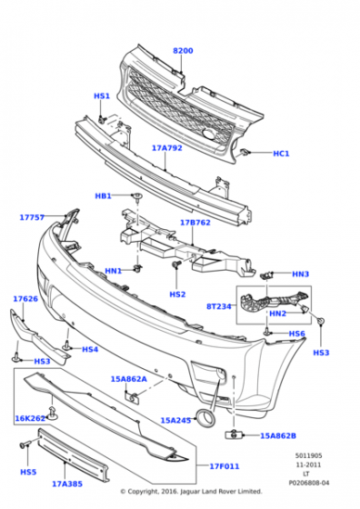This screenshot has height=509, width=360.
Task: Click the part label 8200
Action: (183, 51)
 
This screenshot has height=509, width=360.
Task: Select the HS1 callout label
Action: (102, 96)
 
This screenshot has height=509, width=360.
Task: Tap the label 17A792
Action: (167, 148)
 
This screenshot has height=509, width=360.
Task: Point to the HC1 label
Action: (281, 154)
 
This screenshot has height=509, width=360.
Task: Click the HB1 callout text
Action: (104, 195)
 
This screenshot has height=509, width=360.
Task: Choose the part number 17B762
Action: (195, 223)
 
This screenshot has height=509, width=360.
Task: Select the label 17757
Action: (32, 217)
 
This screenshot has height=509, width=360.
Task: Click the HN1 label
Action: (114, 271)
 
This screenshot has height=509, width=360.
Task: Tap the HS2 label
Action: (177, 294)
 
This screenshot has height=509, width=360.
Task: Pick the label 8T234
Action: (219, 306)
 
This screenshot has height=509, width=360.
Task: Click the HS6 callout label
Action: (297, 334)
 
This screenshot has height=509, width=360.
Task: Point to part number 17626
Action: (25, 299)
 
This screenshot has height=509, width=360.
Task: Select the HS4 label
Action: (90, 349)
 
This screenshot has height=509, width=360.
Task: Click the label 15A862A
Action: (129, 379)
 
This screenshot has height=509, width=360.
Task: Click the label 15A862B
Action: (278, 435)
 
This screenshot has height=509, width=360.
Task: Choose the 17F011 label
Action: (225, 466)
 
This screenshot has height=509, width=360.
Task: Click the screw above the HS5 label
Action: (25, 444)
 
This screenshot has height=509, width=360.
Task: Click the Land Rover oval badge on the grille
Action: (209, 135)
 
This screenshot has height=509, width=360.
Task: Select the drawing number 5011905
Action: (309, 455)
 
